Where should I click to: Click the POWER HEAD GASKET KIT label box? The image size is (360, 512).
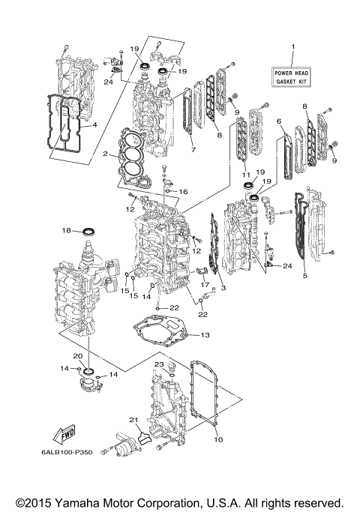[292, 75]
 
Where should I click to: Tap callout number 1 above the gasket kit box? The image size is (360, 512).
[292, 48]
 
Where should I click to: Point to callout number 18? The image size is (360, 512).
[66, 230]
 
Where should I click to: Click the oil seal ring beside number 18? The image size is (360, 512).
[88, 229]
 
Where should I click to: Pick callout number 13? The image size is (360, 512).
[205, 335]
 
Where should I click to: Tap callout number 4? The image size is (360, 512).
[94, 125]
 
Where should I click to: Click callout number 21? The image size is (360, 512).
[133, 419]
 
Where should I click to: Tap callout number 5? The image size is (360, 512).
[305, 276]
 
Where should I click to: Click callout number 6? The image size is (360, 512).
[279, 121]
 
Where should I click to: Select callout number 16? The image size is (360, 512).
[184, 192]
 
